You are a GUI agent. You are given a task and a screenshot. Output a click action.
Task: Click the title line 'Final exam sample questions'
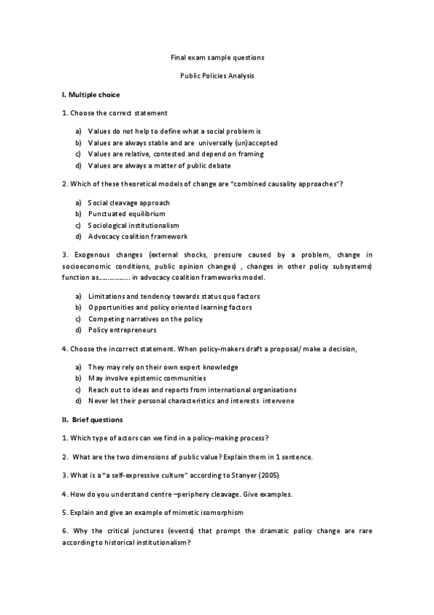tap(217, 57)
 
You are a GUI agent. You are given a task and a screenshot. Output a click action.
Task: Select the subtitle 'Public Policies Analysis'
tap(217, 75)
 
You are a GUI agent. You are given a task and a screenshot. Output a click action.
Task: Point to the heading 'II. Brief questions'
tap(93, 420)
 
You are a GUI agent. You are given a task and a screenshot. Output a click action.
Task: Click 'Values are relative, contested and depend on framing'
tap(175, 154)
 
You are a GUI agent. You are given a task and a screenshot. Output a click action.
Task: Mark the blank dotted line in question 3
tap(114, 278)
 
